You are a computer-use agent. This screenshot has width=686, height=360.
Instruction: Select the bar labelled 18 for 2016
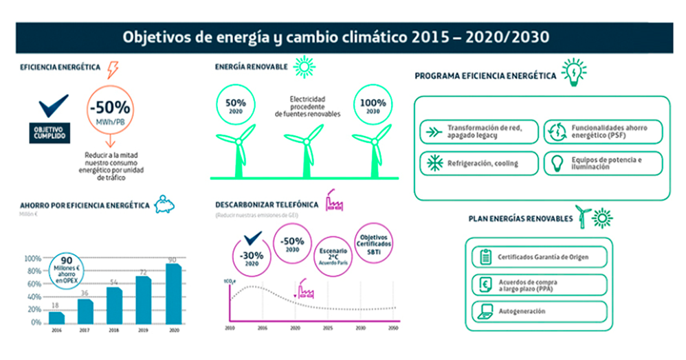tap(56, 317)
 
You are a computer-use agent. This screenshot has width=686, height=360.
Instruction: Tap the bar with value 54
tap(114, 305)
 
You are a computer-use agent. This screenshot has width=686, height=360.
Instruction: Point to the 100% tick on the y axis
tap(32, 258)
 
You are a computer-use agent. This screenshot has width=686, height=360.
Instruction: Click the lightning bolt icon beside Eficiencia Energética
tap(113, 69)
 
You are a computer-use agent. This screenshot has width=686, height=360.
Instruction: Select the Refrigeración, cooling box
tap(478, 163)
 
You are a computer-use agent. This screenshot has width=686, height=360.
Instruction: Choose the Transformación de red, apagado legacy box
tap(478, 131)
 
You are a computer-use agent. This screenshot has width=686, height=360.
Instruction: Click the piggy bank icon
tap(165, 204)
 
